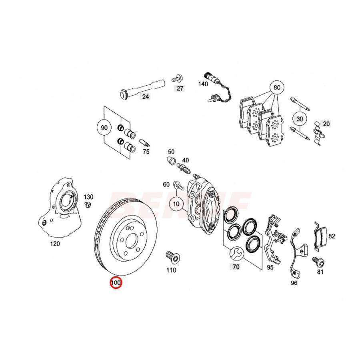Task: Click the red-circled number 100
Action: click(116, 283)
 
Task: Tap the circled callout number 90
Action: click(104, 128)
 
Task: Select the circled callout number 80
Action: click(276, 87)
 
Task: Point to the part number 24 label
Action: click(145, 96)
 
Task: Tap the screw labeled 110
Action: click(171, 256)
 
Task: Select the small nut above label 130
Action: click(87, 205)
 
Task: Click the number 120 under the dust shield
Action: click(55, 244)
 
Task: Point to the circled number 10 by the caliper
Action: click(175, 204)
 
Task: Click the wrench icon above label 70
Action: click(236, 253)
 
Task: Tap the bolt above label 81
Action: click(319, 262)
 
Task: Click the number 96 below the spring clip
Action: click(294, 283)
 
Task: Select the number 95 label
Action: click(270, 267)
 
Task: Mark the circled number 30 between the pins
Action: click(299, 118)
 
